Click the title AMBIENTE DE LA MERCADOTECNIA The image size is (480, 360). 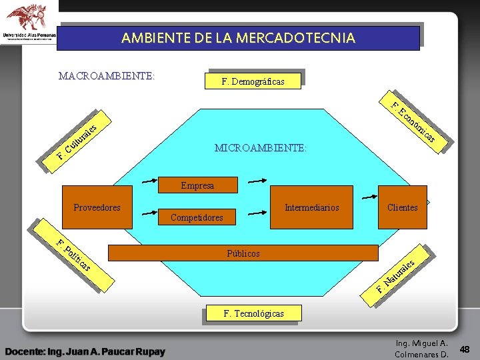[238, 38]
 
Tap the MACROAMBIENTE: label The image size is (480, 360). [107, 75]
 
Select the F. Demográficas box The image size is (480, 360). [253, 81]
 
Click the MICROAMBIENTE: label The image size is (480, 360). [261, 148]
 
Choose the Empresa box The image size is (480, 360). [197, 185]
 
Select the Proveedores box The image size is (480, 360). [97, 207]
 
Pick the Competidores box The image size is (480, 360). [197, 217]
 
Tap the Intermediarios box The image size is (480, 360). [311, 207]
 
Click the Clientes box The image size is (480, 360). [402, 207]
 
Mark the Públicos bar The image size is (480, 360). [243, 253]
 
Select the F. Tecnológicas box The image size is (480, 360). [253, 313]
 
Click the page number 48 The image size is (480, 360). [465, 349]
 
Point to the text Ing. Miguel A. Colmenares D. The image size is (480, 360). [421, 349]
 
